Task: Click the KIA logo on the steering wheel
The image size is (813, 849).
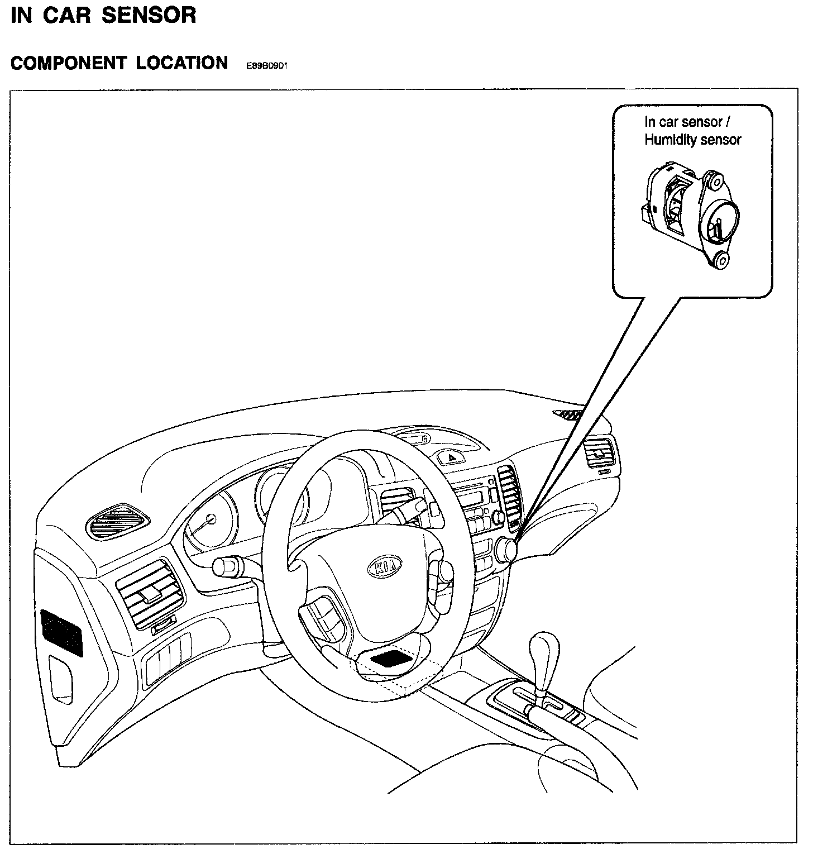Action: click(385, 566)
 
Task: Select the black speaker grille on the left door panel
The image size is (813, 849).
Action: click(61, 632)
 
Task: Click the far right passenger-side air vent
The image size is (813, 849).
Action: click(600, 453)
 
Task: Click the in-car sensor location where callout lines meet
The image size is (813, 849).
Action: click(508, 548)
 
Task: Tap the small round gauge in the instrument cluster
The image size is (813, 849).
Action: click(211, 519)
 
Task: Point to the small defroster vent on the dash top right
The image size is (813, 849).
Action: click(568, 414)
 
